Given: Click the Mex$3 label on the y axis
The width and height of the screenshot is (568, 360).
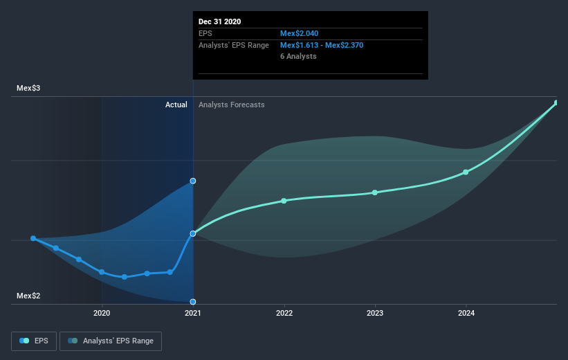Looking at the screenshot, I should tap(29, 89).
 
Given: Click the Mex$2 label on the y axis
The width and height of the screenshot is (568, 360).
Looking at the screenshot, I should tap(29, 296).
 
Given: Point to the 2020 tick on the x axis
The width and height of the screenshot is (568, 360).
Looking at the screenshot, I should tap(102, 313).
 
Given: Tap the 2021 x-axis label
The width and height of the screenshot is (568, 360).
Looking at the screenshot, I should tap(193, 313).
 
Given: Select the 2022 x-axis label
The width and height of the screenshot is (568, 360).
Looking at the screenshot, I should tap(284, 313).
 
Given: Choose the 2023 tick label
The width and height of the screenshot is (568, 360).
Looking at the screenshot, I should tap(375, 313).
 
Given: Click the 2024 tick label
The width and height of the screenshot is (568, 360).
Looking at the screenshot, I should tap(466, 313).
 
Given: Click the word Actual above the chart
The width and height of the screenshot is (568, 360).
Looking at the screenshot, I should tap(176, 105).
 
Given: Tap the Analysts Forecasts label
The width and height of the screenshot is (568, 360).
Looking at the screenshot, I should tap(231, 105).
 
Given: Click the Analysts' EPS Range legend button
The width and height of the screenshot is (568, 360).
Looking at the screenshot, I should tap(111, 341).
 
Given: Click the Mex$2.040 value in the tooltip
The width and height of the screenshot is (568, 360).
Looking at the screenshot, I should tap(300, 33).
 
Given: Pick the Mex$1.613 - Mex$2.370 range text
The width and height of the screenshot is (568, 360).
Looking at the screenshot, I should tap(322, 45).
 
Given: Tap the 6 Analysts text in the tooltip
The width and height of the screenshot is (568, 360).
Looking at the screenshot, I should tap(298, 56).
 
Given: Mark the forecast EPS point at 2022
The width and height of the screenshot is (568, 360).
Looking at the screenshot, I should tap(284, 201).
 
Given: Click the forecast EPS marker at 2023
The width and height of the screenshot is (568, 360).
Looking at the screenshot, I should tap(375, 192).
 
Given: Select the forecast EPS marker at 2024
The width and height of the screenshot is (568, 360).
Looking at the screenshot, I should tap(466, 172).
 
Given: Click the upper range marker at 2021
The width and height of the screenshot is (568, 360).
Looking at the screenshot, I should tap(193, 181).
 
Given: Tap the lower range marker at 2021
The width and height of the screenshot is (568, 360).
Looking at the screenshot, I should tap(193, 302).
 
